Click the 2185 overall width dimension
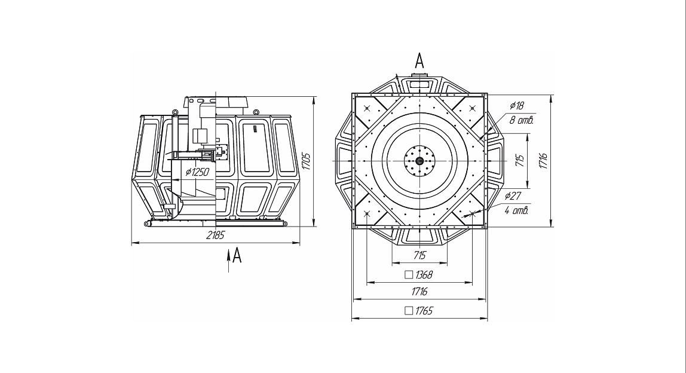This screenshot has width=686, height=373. pyautogui.click(x=215, y=236)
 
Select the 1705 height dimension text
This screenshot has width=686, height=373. pyautogui.click(x=306, y=162)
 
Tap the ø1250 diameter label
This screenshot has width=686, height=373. pyautogui.click(x=197, y=172)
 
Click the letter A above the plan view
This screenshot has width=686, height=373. pyautogui.click(x=419, y=60)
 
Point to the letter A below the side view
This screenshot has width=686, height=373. pyautogui.click(x=237, y=256)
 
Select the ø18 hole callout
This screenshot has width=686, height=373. pyautogui.click(x=516, y=106)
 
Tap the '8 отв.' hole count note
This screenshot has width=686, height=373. pyautogui.click(x=521, y=120)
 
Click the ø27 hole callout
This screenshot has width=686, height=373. pyautogui.click(x=513, y=195)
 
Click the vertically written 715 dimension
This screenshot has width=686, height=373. pyautogui.click(x=520, y=161)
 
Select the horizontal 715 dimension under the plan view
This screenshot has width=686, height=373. pyautogui.click(x=419, y=255)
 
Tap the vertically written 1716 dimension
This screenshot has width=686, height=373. pyautogui.click(x=543, y=161)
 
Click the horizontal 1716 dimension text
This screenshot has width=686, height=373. pyautogui.click(x=419, y=292)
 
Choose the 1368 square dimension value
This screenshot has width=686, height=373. pyautogui.click(x=424, y=274)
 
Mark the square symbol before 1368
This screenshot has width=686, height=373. pyautogui.click(x=409, y=274)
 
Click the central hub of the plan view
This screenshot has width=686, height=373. pyautogui.click(x=419, y=161)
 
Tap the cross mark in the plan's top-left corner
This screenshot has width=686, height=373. pyautogui.click(x=367, y=108)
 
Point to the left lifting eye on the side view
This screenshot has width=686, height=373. pyautogui.click(x=174, y=111)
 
